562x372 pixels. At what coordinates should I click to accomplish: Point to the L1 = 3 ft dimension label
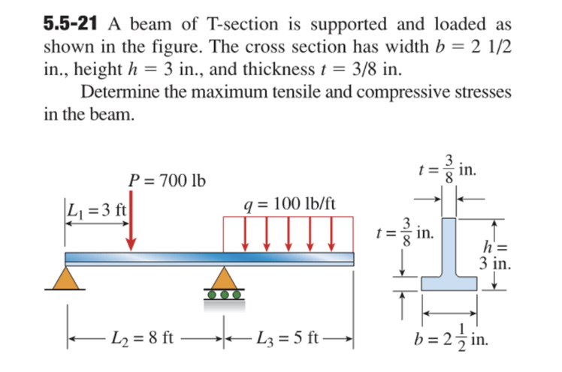coord(97,211)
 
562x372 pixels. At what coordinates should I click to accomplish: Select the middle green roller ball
coord(223,295)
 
